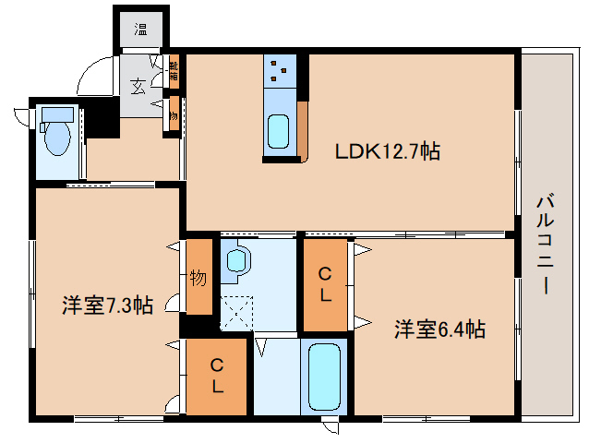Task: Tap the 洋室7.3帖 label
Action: (x=108, y=304)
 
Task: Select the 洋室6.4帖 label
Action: (x=440, y=329)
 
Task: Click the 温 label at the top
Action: (x=141, y=29)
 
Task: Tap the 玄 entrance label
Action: (x=138, y=88)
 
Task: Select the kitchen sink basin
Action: (x=279, y=130)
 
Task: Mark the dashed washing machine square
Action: (x=236, y=311)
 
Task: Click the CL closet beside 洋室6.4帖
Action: (x=325, y=284)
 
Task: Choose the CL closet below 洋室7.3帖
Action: (x=217, y=377)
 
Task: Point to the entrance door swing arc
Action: (x=91, y=78)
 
